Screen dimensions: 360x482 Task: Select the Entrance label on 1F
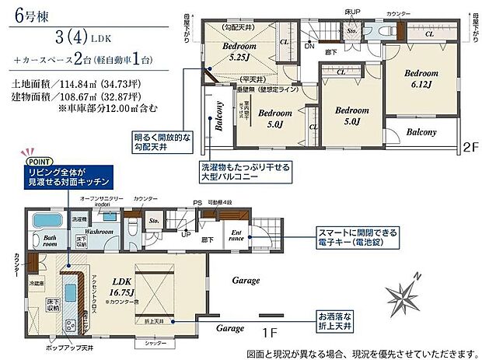237,236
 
